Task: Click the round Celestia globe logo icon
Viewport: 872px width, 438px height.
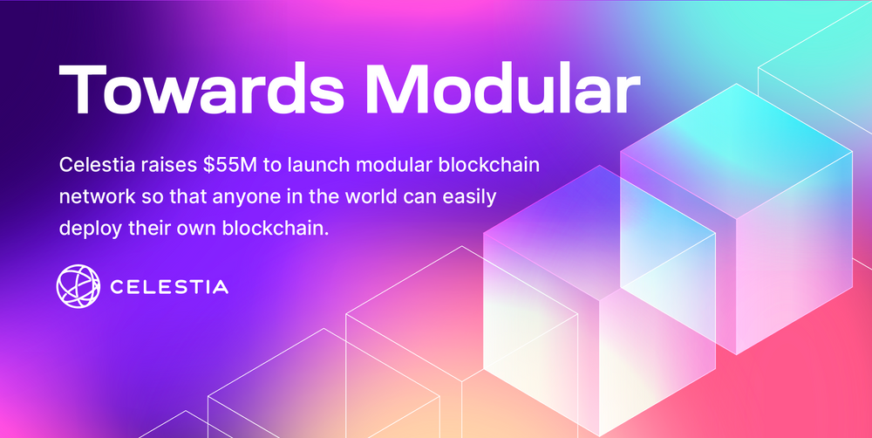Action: pos(78,287)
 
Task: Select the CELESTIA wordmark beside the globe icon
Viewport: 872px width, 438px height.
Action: pos(170,287)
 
